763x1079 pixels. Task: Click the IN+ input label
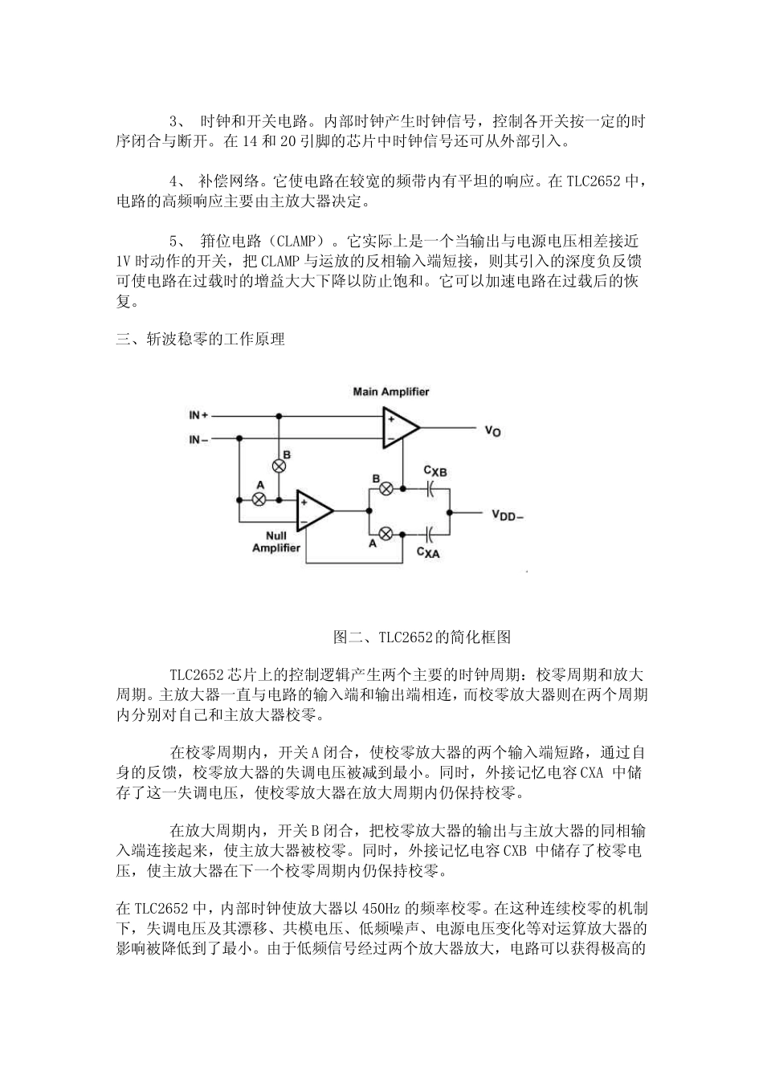198,416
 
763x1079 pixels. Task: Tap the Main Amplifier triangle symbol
399,428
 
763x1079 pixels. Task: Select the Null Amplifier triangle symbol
313,511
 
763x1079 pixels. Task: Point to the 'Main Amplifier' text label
391,392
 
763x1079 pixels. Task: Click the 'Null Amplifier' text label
276,542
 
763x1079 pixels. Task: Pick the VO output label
492,430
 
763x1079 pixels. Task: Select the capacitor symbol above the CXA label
430,532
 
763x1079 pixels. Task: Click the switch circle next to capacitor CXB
386,488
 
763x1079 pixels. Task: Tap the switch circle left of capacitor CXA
386,532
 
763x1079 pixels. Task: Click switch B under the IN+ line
279,466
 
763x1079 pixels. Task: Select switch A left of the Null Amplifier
259,499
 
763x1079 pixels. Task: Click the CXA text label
428,552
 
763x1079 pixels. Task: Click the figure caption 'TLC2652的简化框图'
421,637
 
